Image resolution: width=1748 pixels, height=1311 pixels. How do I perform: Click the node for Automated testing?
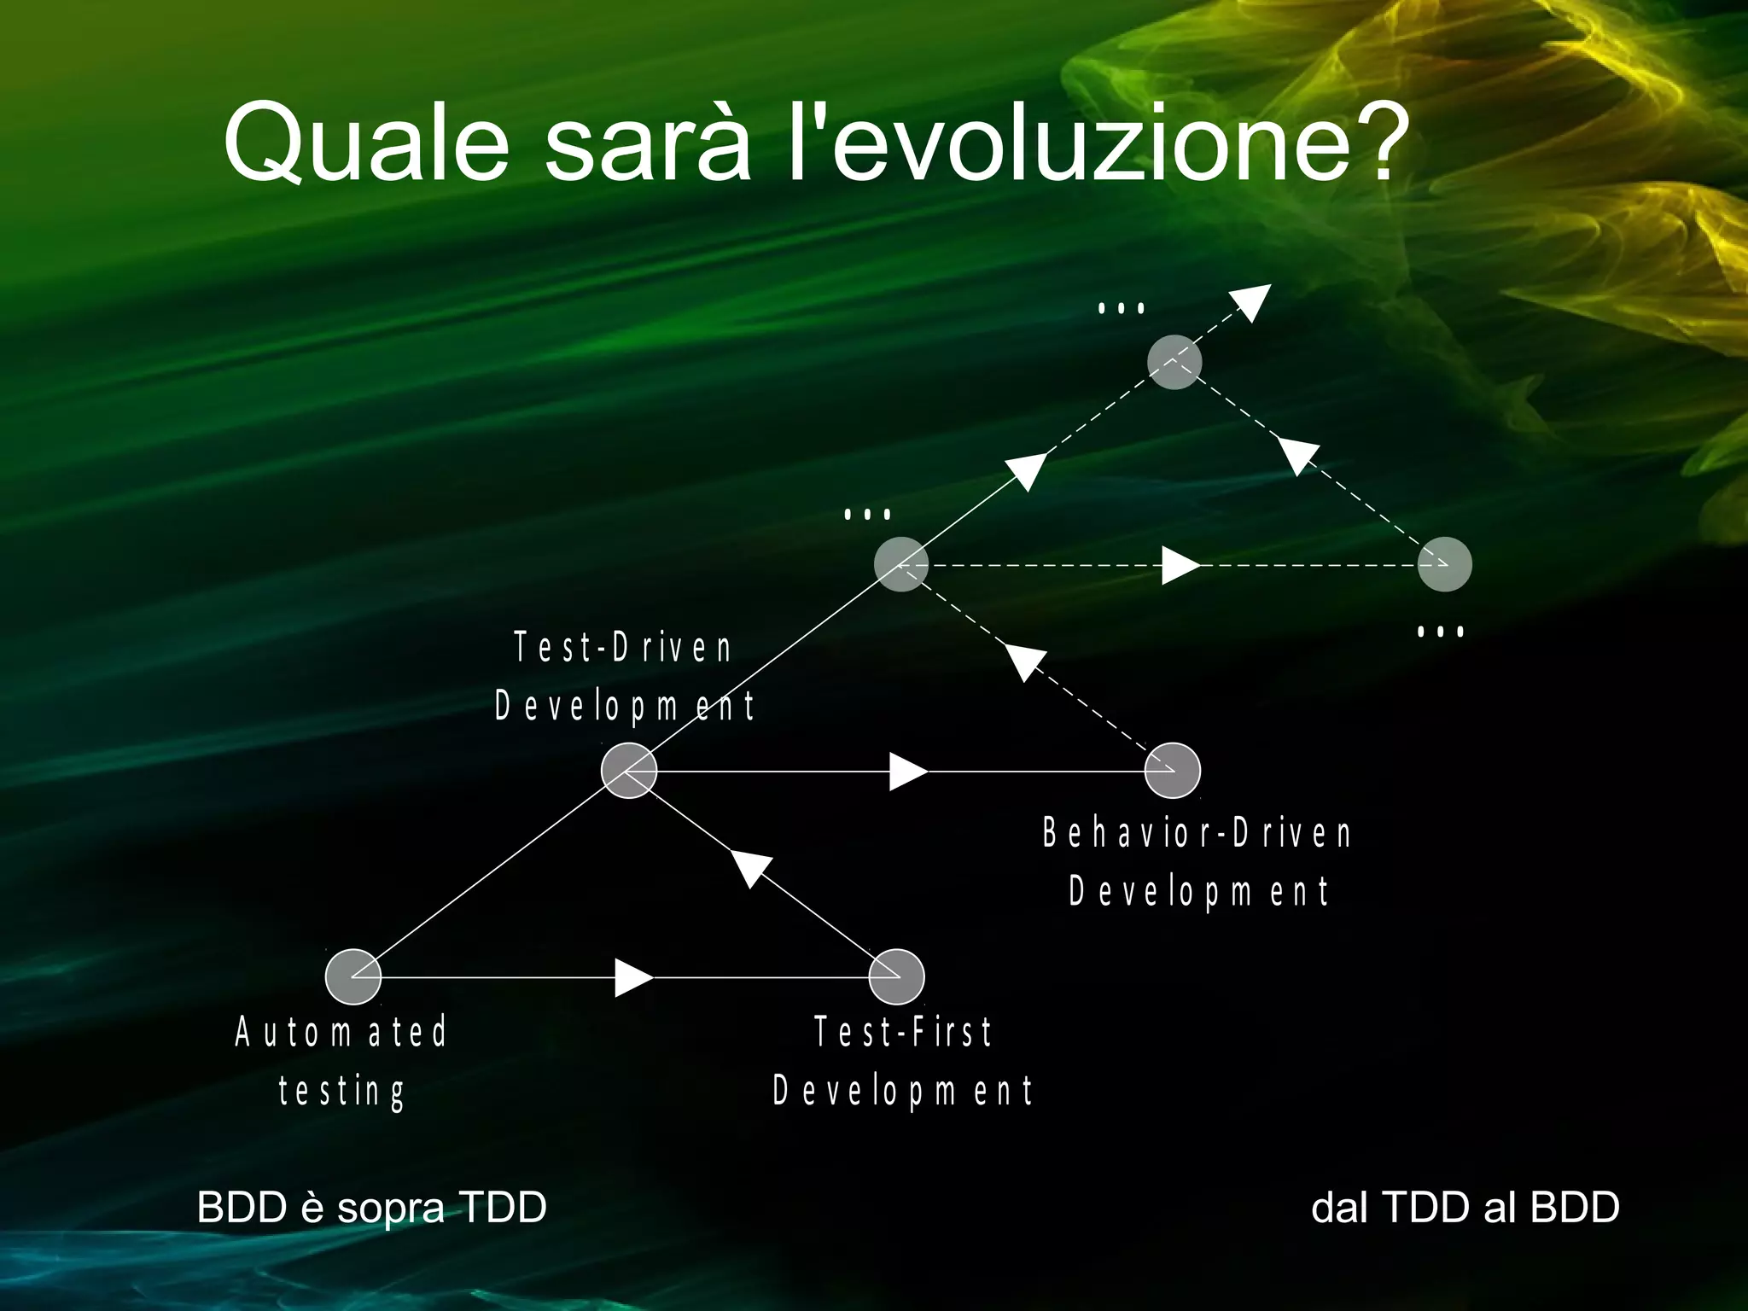point(353,976)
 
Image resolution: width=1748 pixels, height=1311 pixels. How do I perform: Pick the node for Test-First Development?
point(896,976)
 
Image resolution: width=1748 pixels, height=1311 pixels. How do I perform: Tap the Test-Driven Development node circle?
point(629,771)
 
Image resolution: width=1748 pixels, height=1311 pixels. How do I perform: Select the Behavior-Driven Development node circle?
point(1173,771)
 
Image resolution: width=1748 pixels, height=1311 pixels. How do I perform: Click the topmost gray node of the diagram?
point(1174,362)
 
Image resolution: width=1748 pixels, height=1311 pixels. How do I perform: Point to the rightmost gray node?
point(1444,564)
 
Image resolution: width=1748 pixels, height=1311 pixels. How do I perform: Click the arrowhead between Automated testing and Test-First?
point(632,977)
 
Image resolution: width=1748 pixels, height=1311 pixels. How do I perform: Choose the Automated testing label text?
point(341,1061)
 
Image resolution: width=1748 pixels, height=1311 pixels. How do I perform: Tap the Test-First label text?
point(903,1061)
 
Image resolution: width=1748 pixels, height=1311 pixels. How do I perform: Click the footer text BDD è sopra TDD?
point(371,1207)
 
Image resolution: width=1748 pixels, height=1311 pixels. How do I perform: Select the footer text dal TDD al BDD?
point(1465,1207)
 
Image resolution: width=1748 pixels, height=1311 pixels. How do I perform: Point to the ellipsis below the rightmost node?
point(1440,632)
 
